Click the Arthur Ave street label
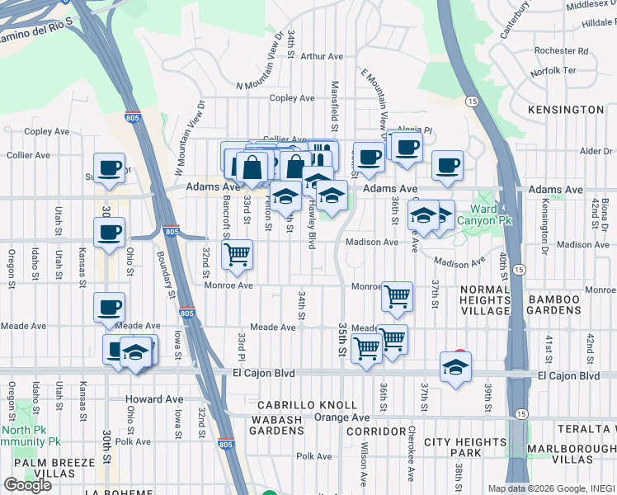pos(322,57)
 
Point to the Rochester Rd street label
pos(560,50)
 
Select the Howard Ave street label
pos(154,399)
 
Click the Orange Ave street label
pos(342,417)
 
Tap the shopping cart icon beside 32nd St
pos(238,255)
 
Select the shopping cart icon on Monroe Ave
pos(398,297)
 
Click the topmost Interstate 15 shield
pos(472,101)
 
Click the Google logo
pos(27,484)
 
